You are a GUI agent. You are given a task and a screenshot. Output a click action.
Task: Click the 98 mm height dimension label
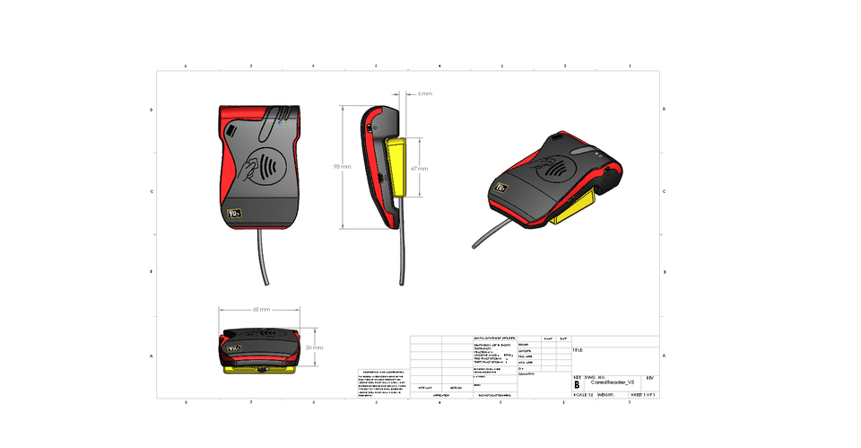click(x=342, y=166)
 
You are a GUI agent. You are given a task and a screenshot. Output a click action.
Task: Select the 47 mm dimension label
click(x=419, y=168)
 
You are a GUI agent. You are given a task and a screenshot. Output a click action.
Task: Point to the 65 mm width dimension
click(x=261, y=308)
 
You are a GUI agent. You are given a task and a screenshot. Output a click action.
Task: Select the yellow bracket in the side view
click(x=396, y=167)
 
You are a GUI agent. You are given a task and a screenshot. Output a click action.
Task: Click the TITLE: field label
click(x=578, y=351)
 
